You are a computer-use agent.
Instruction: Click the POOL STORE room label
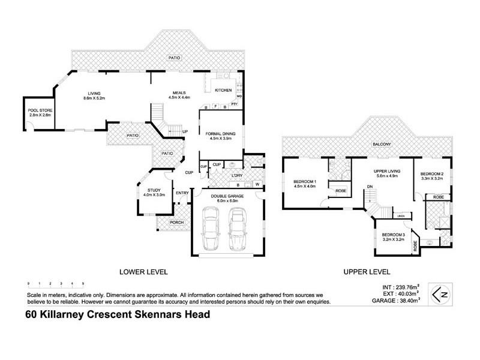pos(38,110)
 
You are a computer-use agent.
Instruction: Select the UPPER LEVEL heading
pos(367,272)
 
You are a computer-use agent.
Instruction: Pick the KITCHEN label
pos(223,91)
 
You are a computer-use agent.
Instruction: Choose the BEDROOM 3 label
pos(394,234)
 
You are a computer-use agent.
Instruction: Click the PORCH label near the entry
pos(176,223)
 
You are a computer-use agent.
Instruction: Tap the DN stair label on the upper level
pos(370,187)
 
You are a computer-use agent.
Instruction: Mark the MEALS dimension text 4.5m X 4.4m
pos(179,97)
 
